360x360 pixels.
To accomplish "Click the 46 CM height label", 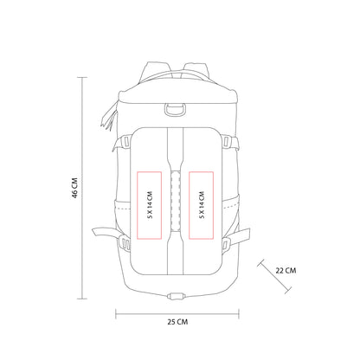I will click(75, 189).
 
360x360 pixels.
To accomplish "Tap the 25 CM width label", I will click(177, 321).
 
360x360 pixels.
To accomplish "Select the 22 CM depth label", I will click(285, 269).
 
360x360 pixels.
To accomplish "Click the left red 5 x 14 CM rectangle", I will click(149, 203).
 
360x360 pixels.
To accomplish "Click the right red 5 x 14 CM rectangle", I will click(202, 203).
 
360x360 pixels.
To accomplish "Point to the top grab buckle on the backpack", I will click(175, 109).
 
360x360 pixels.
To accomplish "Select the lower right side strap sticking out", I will click(244, 233).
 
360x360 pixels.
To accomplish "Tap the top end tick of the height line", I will click(84, 76).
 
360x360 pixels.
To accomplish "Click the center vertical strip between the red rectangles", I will click(176, 203).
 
